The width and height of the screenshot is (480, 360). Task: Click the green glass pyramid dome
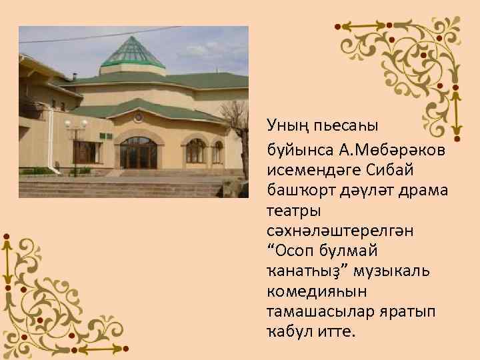(133, 53)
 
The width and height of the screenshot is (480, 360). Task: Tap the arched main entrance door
(138, 153)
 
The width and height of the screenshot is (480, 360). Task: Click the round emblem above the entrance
(138, 116)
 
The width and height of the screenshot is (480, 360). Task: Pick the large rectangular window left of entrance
(87, 152)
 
